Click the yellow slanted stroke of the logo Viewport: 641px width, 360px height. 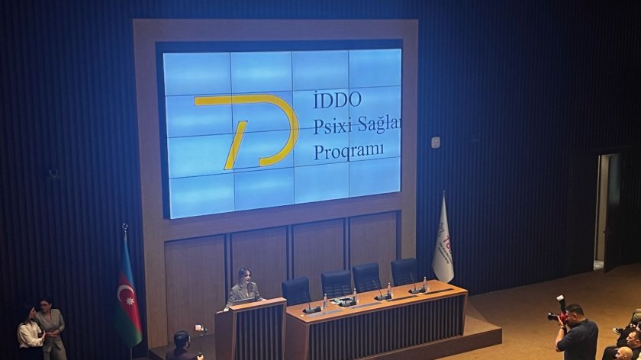click(236, 144)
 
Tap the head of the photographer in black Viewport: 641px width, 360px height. click(574, 312)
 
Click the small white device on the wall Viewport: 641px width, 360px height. click(435, 143)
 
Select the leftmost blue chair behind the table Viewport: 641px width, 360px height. click(296, 291)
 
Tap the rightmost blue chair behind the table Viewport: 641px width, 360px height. click(404, 271)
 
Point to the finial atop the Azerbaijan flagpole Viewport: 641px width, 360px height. click(124, 227)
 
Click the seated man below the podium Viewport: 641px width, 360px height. click(182, 346)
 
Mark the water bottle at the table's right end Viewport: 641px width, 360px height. click(424, 284)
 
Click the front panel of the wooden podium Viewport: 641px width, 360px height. click(251, 332)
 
